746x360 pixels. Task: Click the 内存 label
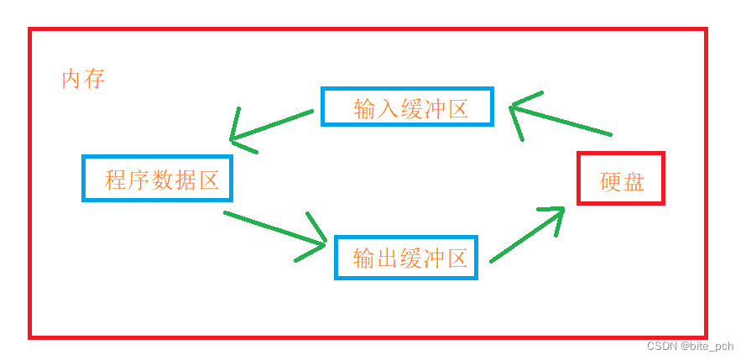click(83, 80)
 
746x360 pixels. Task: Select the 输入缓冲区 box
click(407, 107)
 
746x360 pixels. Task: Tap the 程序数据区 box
click(157, 178)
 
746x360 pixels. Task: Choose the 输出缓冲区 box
click(406, 258)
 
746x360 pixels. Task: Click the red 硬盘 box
click(621, 178)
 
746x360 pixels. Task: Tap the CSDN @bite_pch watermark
click(690, 347)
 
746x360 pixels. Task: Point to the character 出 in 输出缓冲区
click(387, 258)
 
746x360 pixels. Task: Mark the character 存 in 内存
click(95, 80)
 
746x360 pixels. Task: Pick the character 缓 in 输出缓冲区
click(410, 258)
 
